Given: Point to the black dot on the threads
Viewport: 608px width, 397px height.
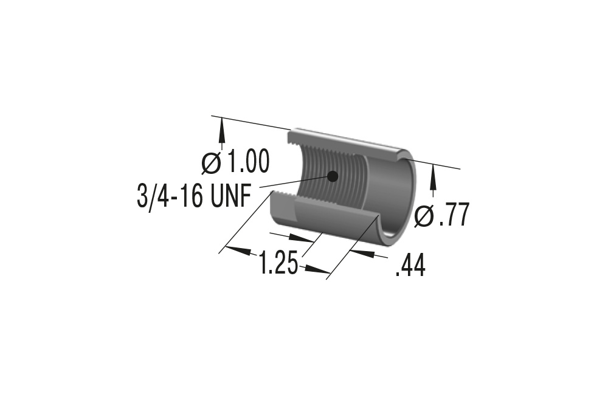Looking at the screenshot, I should tap(332, 176).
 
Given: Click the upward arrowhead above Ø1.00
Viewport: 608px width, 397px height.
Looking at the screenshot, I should tap(221, 129).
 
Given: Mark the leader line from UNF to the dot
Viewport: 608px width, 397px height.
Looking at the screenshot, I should tap(292, 181).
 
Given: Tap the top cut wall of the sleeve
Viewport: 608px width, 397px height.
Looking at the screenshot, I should tap(347, 141).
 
